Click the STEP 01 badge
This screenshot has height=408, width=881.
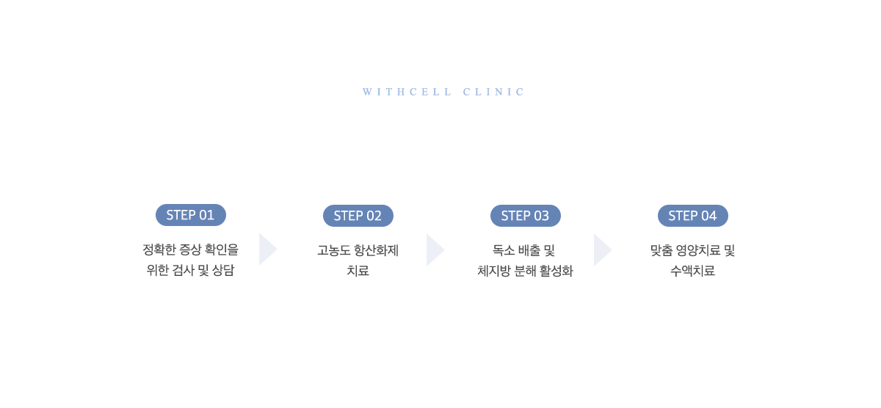click(191, 215)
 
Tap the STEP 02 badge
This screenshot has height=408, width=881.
click(358, 216)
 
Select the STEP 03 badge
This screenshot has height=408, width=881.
click(526, 216)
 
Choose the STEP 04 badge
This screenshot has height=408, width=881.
click(693, 216)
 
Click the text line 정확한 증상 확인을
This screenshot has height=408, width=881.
click(191, 250)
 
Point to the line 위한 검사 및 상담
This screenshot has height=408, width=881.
click(191, 271)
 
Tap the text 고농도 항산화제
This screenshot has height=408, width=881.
click(358, 250)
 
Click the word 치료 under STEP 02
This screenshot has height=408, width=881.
click(358, 271)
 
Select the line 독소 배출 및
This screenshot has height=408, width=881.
click(525, 250)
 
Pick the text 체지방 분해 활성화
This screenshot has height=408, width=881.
click(525, 271)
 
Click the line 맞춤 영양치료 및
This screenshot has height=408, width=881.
click(692, 250)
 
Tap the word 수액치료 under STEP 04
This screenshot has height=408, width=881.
click(692, 271)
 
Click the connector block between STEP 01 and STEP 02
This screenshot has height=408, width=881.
click(269, 249)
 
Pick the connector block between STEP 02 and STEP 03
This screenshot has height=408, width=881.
click(436, 250)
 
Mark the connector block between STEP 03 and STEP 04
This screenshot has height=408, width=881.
click(603, 250)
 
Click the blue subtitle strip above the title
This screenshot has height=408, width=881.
click(442, 92)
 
